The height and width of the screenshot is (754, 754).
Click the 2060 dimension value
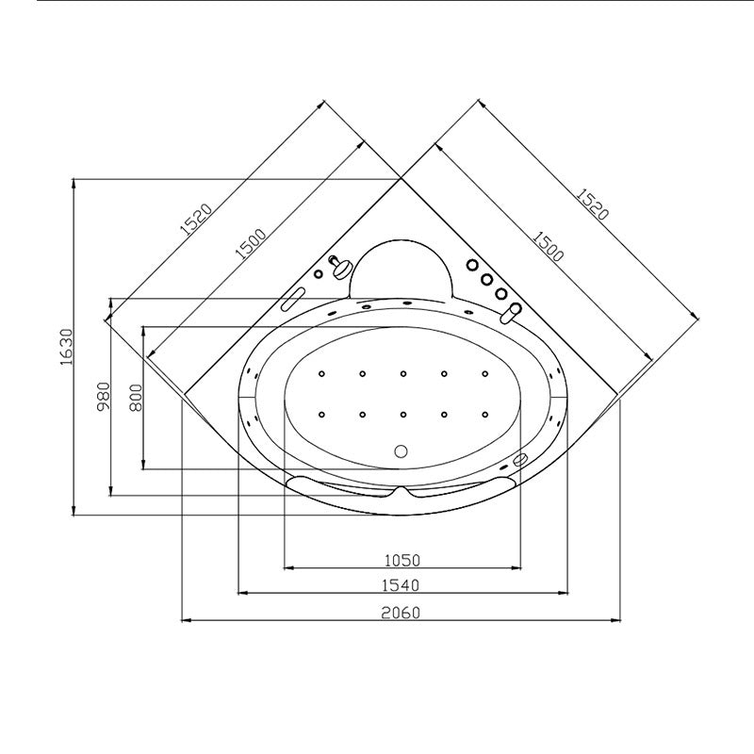pos(401,613)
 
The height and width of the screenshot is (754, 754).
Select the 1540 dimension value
pos(401,585)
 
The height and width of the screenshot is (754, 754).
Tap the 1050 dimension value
pos(402,560)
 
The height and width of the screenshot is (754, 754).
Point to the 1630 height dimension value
pos(66,347)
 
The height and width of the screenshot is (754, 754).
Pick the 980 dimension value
pos(104,396)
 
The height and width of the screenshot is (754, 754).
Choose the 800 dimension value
pos(137,397)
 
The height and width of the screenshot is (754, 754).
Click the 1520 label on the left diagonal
pos(196,219)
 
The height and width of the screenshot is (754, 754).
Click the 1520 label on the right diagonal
pos(593,204)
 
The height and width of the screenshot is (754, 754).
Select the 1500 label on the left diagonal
pos(250,244)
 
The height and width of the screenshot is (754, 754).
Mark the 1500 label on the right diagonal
pos(548,247)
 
